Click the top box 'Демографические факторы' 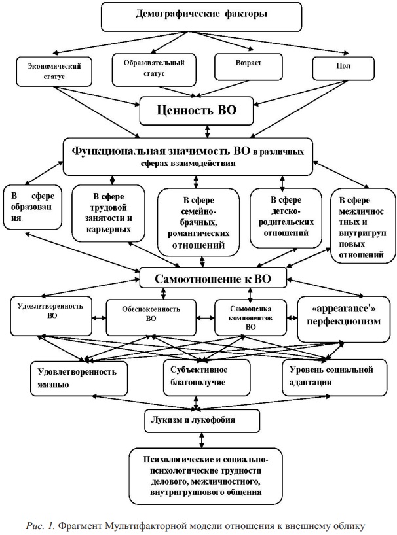click(201, 17)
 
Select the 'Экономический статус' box click(54, 71)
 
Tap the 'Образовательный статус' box click(154, 69)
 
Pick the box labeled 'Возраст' click(248, 67)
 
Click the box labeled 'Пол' click(343, 69)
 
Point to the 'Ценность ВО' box click(197, 111)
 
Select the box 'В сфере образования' click(33, 207)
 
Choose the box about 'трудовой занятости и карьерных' click(108, 213)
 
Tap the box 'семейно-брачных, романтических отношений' click(198, 222)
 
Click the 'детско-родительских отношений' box click(286, 218)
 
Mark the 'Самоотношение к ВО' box click(212, 279)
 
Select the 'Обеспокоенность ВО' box click(151, 317)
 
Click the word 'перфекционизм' click(343, 321)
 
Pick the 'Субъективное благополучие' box click(206, 378)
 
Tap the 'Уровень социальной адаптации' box click(335, 378)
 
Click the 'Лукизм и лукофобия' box click(202, 421)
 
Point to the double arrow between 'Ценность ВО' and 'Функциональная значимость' click(208, 131)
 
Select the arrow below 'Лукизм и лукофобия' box click(202, 440)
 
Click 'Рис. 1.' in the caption click(40, 526)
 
